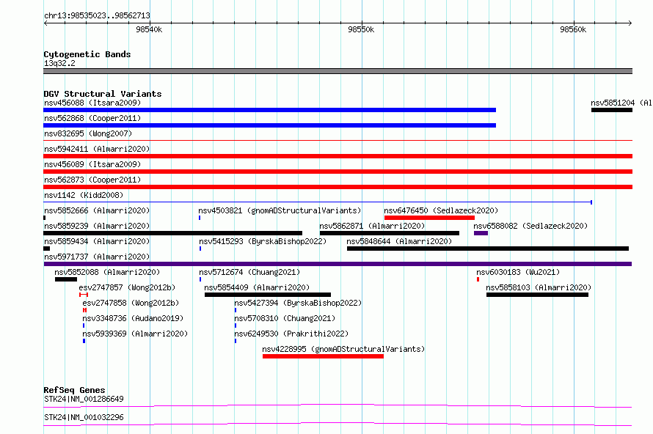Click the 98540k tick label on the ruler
click(149, 29)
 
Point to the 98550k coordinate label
click(361, 29)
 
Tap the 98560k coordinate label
click(573, 29)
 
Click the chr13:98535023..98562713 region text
click(97, 15)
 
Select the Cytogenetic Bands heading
click(87, 54)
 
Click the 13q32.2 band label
click(59, 63)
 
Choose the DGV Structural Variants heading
click(103, 94)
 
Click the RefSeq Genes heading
click(74, 390)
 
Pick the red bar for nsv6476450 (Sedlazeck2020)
click(429, 218)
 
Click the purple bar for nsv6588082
click(481, 233)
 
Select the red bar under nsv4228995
click(323, 356)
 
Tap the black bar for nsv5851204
click(612, 110)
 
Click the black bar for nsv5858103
click(537, 295)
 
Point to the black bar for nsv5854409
click(268, 295)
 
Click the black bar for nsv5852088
click(66, 279)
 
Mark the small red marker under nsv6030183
click(478, 279)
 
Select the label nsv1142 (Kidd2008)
click(84, 195)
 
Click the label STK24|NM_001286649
click(84, 399)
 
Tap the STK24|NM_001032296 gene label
click(84, 417)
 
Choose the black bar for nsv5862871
click(390, 233)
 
